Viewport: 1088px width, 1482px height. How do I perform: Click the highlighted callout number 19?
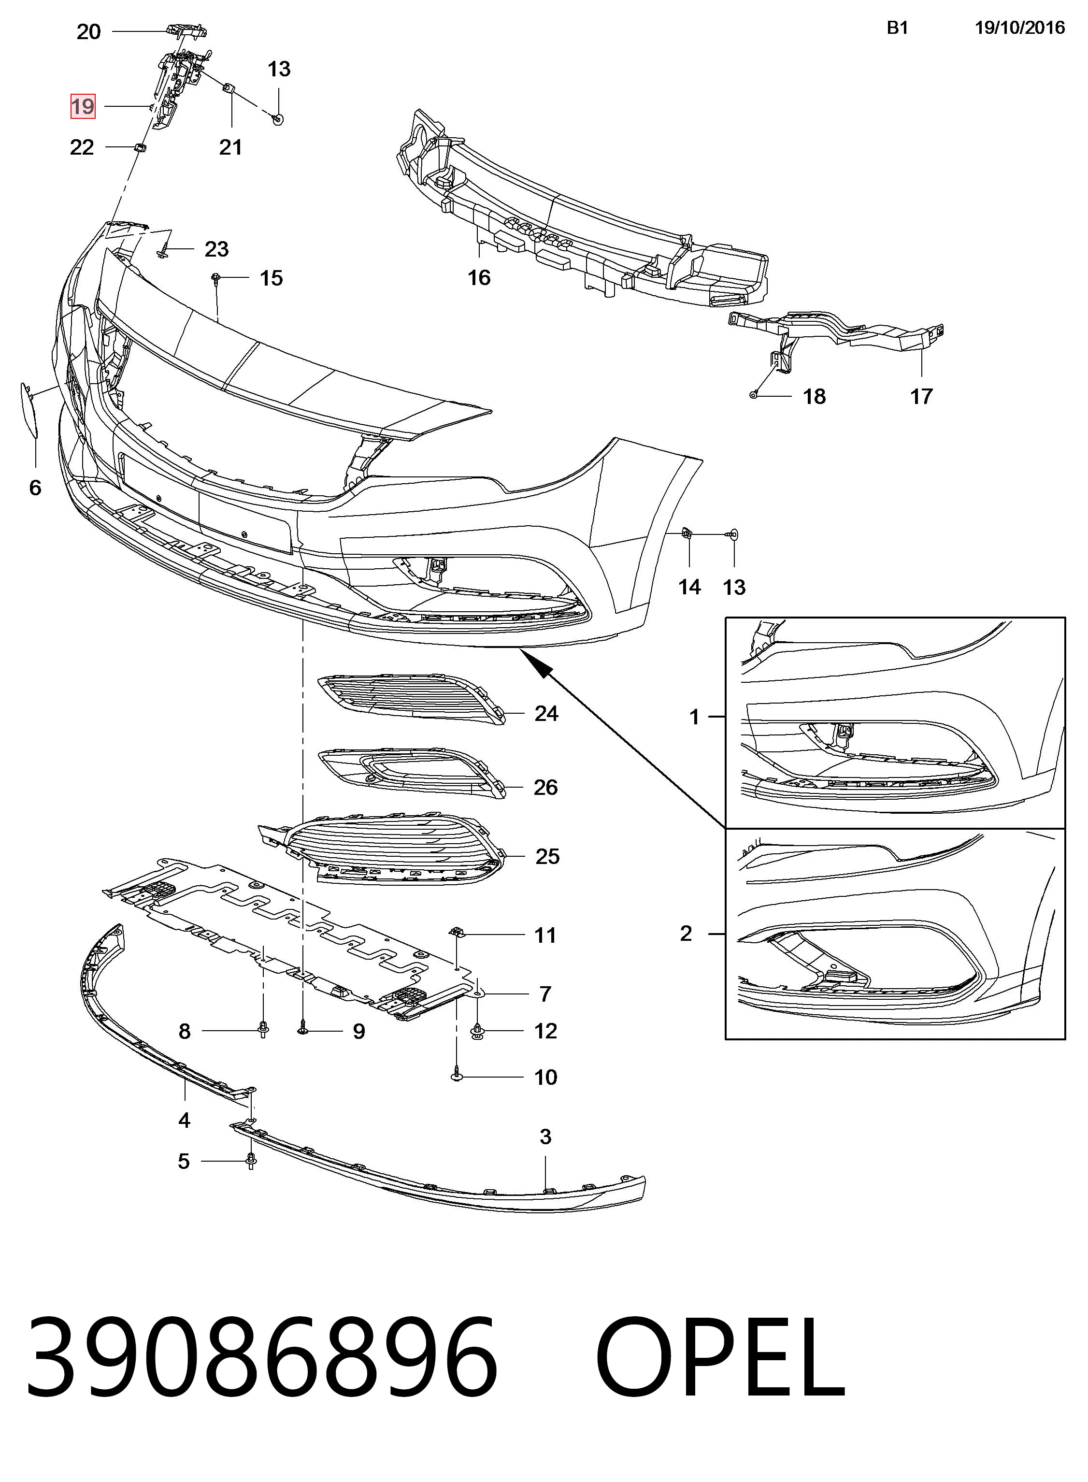click(83, 106)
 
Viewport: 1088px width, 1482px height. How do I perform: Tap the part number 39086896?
click(261, 1356)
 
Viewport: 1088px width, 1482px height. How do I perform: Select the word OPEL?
click(720, 1356)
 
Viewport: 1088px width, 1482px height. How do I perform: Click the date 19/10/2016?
click(1019, 28)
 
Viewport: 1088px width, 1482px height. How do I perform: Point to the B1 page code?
click(898, 28)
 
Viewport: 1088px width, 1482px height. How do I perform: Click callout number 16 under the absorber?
click(479, 278)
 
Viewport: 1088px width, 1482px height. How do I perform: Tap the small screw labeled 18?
click(753, 395)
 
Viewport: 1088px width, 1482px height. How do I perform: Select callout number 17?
click(921, 397)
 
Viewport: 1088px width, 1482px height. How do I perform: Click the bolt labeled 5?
click(251, 1161)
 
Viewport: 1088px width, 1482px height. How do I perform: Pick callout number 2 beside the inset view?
click(686, 934)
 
